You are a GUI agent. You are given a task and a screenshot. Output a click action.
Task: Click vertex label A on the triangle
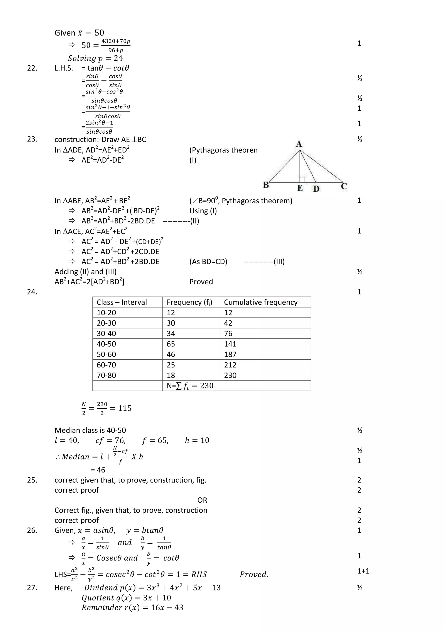[299, 144]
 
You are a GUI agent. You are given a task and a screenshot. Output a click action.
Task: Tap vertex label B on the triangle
[266, 185]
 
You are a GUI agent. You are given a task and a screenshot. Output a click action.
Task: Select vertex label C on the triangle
[344, 186]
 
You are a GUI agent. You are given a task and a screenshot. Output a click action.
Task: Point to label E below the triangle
[300, 188]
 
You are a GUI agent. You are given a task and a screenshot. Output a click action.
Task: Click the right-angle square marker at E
[302, 179]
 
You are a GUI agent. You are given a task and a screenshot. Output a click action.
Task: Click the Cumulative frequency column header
[261, 302]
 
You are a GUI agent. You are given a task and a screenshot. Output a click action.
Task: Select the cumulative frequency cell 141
[230, 344]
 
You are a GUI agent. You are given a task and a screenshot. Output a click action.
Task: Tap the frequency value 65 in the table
[171, 344]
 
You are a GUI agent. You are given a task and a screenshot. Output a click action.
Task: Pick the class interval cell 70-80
[106, 375]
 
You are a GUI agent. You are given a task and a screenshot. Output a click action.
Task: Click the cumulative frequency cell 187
[230, 355]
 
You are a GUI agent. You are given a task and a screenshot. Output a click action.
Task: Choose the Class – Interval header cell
[122, 302]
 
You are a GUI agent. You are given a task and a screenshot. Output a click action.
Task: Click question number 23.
[32, 139]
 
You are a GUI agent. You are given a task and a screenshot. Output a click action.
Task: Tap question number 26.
[32, 531]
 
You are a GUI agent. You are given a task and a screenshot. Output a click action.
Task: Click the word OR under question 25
[202, 500]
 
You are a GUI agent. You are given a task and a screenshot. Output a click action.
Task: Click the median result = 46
[98, 470]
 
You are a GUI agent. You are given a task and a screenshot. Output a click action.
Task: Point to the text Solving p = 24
[95, 58]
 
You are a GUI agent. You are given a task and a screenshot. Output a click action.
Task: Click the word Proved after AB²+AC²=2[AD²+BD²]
[201, 282]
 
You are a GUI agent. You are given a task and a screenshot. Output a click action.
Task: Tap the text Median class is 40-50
[90, 430]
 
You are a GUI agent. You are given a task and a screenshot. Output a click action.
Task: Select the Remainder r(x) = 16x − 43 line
[132, 608]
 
